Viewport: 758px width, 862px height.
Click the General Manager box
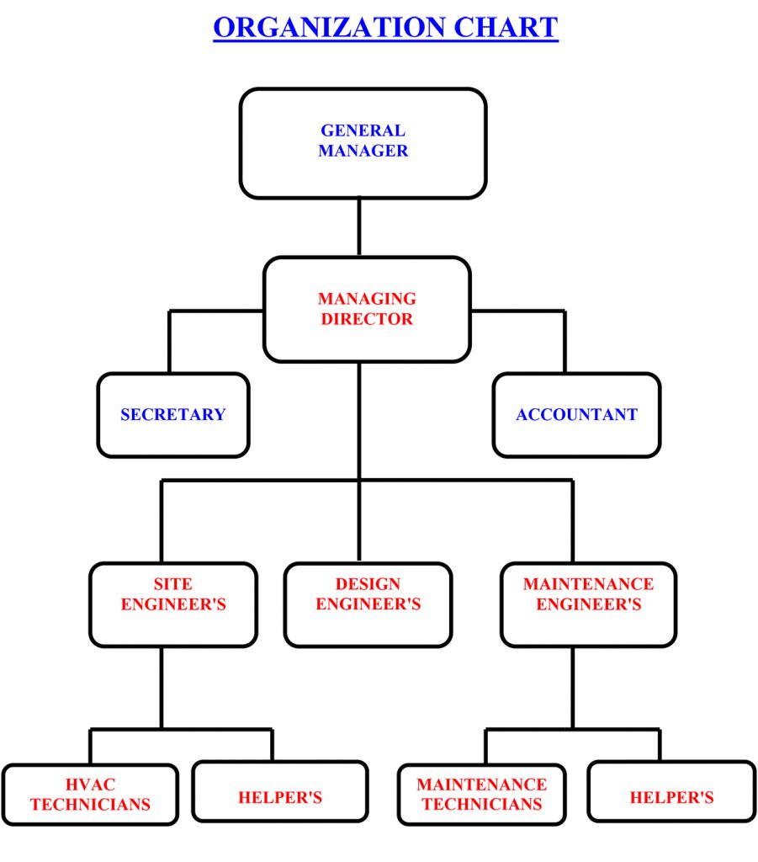(x=363, y=143)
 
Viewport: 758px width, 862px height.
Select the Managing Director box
(x=367, y=309)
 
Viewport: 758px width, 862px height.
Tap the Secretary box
(x=173, y=415)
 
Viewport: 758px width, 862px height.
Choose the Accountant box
(x=576, y=415)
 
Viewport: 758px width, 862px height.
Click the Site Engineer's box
(x=173, y=604)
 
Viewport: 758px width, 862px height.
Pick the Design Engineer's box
(x=368, y=604)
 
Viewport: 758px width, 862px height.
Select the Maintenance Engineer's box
(x=588, y=604)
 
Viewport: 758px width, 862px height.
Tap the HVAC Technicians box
(x=90, y=794)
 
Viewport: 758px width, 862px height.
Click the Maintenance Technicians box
(x=481, y=794)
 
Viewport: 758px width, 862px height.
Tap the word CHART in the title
(x=506, y=27)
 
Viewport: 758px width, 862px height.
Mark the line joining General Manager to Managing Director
(x=359, y=227)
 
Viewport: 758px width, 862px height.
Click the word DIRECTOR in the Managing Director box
(x=367, y=320)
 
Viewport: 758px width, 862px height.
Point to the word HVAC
(x=90, y=785)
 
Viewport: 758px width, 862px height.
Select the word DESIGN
(x=368, y=584)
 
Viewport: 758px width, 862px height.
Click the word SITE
(x=172, y=584)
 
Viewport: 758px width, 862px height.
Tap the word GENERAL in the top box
(x=363, y=131)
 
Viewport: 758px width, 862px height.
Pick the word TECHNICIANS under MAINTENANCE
(x=481, y=805)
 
